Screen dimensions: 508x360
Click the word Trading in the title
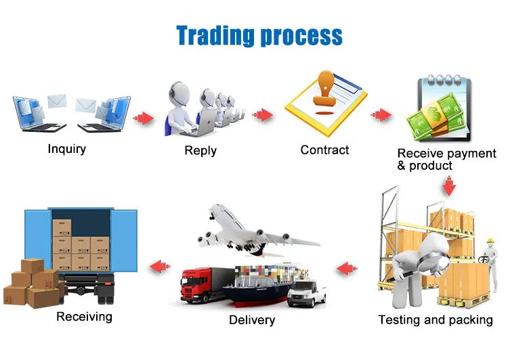click(215, 35)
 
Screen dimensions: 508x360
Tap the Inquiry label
click(67, 149)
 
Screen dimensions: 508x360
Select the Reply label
click(200, 150)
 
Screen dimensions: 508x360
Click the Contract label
click(324, 150)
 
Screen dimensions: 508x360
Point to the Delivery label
click(252, 320)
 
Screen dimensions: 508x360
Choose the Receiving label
click(84, 317)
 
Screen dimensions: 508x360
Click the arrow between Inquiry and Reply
click(144, 118)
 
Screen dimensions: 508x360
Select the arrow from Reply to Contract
click(263, 114)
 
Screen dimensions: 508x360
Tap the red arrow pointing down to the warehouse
click(449, 186)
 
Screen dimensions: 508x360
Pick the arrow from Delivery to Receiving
click(160, 266)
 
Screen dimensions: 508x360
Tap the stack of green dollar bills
click(435, 118)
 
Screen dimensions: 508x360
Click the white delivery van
click(306, 294)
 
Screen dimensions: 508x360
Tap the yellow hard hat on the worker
click(490, 241)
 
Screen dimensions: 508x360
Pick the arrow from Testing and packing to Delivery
click(347, 269)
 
